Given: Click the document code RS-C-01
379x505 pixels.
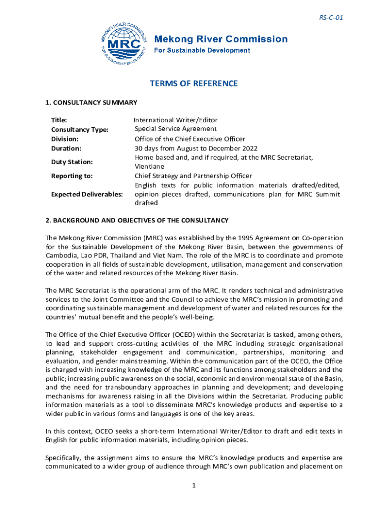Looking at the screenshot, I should (331, 18).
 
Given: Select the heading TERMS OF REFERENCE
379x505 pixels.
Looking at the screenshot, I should (193, 83).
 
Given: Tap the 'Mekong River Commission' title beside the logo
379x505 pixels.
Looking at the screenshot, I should (221, 39).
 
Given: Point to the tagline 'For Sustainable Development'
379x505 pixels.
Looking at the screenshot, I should (203, 50).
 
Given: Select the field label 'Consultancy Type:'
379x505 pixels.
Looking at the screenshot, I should (80, 130).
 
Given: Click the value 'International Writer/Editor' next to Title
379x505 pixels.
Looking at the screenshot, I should (176, 120).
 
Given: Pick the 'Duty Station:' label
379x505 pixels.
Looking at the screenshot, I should (72, 162).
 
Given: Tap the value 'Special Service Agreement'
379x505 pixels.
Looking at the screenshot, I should (175, 129).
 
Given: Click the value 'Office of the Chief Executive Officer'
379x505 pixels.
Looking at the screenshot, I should (190, 139).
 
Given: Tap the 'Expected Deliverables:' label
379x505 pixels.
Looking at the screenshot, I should (87, 194).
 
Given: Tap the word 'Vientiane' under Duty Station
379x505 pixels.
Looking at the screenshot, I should (151, 167).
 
